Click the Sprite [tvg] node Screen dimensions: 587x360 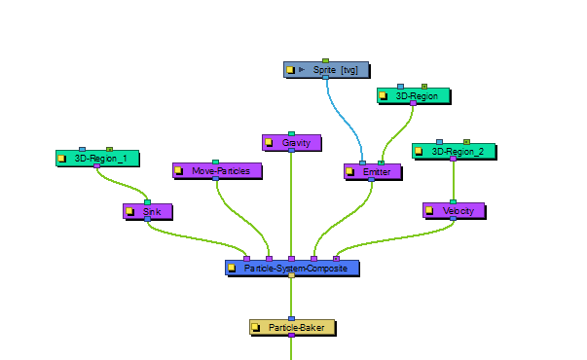click(x=326, y=70)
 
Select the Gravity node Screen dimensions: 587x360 click(x=292, y=143)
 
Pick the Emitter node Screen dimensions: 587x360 click(x=373, y=172)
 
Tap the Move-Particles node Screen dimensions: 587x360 click(x=217, y=171)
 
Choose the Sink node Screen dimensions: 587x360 click(x=148, y=211)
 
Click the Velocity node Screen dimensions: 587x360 click(x=454, y=211)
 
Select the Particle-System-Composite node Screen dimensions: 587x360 click(x=292, y=268)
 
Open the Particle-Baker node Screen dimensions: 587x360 click(x=292, y=328)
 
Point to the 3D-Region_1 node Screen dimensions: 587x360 click(x=97, y=159)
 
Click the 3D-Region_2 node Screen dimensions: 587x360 click(x=454, y=152)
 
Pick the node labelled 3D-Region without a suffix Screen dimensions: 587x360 click(x=414, y=96)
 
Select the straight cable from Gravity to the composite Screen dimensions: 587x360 click(x=291, y=204)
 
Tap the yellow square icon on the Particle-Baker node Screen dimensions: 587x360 click(x=256, y=328)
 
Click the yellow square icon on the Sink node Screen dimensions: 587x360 click(x=129, y=211)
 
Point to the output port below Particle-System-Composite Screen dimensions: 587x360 click(x=292, y=275)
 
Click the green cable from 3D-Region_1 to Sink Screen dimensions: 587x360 click(x=121, y=184)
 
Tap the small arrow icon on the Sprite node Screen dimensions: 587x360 click(x=302, y=70)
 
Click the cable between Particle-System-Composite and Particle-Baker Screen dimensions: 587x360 click(x=291, y=298)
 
